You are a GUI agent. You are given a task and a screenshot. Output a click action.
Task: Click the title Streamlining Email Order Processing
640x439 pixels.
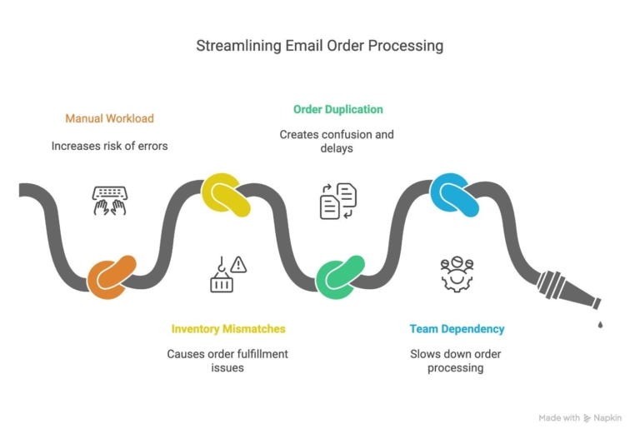[x=319, y=45]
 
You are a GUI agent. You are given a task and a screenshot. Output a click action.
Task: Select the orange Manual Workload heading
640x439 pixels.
[x=109, y=118]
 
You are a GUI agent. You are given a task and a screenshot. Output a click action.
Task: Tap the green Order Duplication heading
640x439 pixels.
[x=337, y=109]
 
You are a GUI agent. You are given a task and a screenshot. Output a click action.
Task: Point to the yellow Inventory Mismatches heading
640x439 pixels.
[x=227, y=329]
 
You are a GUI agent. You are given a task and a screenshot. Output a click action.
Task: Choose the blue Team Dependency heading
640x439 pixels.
[x=457, y=329]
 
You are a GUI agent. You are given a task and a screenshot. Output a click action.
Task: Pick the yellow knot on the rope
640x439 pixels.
[x=225, y=195]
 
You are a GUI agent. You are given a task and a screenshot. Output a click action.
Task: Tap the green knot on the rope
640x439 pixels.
[x=340, y=276]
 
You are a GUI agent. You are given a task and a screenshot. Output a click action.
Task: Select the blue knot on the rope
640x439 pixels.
[x=455, y=195]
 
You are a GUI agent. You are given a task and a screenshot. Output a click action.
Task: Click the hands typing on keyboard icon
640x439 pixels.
[x=109, y=201]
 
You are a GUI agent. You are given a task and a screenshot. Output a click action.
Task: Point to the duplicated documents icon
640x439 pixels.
[x=338, y=202]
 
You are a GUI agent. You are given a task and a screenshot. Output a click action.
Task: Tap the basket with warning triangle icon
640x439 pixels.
[x=227, y=274]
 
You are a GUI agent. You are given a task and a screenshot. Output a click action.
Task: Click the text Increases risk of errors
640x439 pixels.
[x=109, y=146]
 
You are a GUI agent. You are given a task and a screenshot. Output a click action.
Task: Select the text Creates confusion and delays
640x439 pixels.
[x=337, y=141]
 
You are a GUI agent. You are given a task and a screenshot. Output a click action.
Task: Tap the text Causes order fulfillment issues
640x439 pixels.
[x=227, y=361]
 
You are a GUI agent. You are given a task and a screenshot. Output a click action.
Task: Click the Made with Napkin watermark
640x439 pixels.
[x=579, y=417]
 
